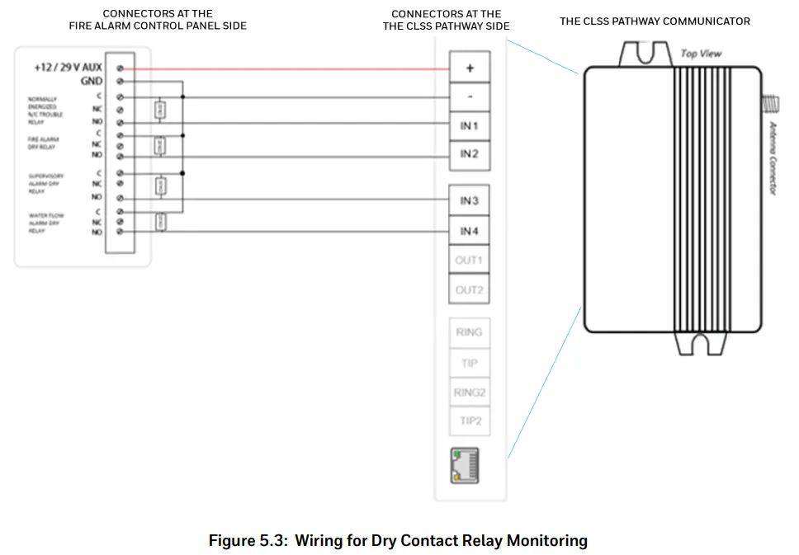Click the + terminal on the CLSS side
(x=469, y=68)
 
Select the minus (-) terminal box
(x=469, y=96)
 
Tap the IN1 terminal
(x=469, y=126)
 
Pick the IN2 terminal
(x=469, y=154)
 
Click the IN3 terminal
(x=469, y=201)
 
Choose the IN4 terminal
(x=469, y=231)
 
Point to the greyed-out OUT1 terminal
(x=469, y=261)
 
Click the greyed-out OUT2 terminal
(x=469, y=290)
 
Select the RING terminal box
(x=469, y=332)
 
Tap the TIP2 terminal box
(x=469, y=422)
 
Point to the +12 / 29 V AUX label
(x=68, y=68)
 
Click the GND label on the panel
(x=91, y=82)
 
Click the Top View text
(x=701, y=54)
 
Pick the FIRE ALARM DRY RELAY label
(x=44, y=143)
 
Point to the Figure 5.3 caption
(x=398, y=541)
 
